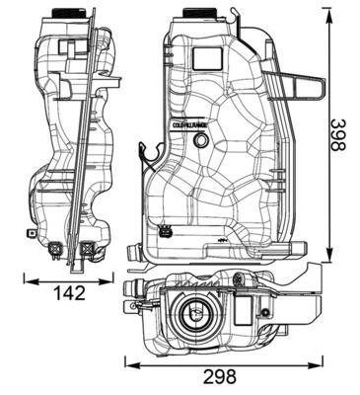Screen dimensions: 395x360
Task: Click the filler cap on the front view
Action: tap(204, 13)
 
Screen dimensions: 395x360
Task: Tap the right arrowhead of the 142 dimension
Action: tap(112, 280)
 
